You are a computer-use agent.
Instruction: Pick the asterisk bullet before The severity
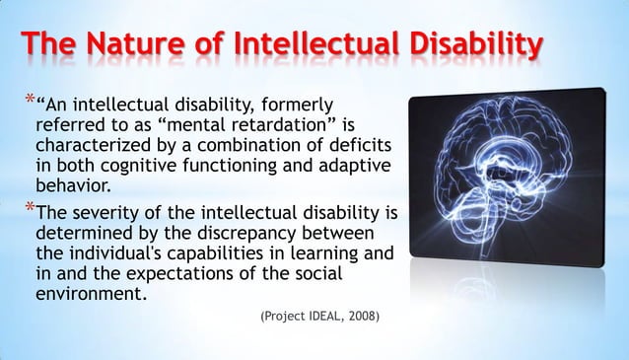(x=30, y=209)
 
